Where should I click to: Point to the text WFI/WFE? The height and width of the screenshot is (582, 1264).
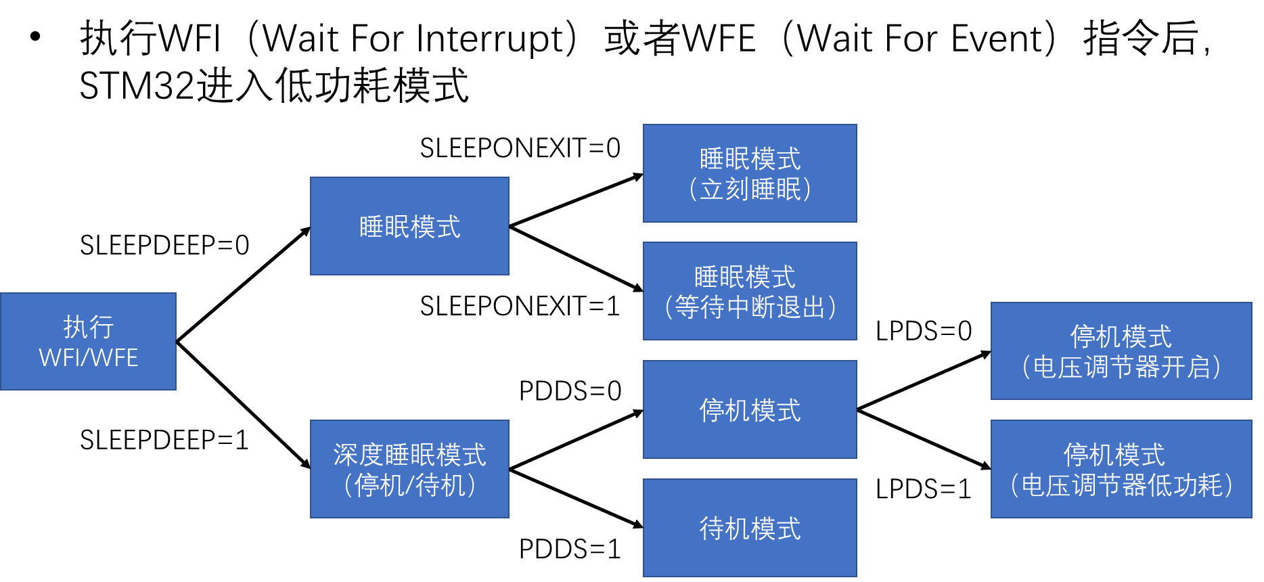click(x=89, y=358)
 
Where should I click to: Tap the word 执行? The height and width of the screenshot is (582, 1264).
click(x=89, y=328)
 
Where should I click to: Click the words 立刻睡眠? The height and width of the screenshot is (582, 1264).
click(x=750, y=189)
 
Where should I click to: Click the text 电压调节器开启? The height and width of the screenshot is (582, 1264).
click(x=1121, y=367)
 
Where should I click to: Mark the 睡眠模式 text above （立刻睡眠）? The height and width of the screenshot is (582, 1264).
click(x=750, y=160)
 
